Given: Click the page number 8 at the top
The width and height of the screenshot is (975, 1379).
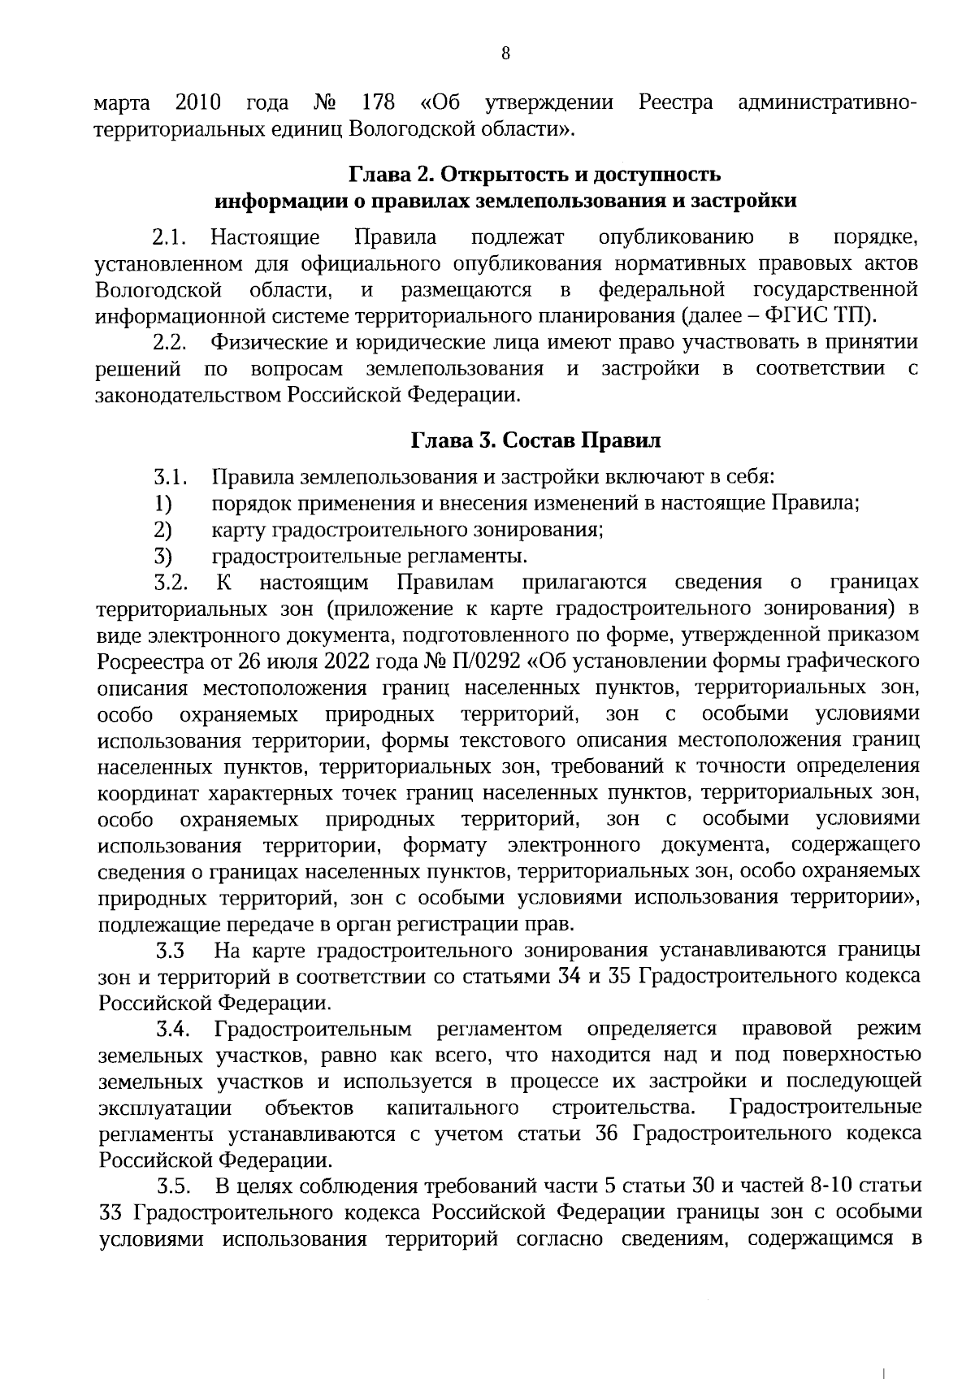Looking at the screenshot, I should (505, 54).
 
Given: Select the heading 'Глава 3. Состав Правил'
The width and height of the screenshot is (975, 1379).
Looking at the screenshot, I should (535, 440).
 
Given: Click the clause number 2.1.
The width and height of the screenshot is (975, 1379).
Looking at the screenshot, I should (170, 238).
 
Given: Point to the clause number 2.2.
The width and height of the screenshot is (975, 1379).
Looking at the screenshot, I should (170, 343).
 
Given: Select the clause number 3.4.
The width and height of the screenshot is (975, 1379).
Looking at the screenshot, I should (173, 1030).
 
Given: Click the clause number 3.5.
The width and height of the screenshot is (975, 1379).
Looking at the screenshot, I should (173, 1187).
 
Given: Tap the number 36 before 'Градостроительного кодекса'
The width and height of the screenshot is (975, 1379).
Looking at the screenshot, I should (607, 1134).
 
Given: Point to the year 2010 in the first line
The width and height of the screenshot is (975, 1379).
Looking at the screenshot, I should (198, 104).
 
